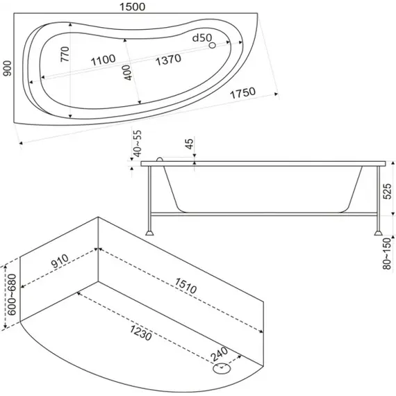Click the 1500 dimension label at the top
tap(132, 6)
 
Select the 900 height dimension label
tap(8, 69)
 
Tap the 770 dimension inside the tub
tap(65, 54)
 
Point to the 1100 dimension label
tap(103, 60)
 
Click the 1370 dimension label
tap(168, 60)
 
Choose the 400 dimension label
tap(128, 73)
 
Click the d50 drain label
tap(201, 38)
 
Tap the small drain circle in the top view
tap(213, 45)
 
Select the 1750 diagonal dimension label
tap(243, 93)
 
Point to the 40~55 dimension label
tap(138, 143)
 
